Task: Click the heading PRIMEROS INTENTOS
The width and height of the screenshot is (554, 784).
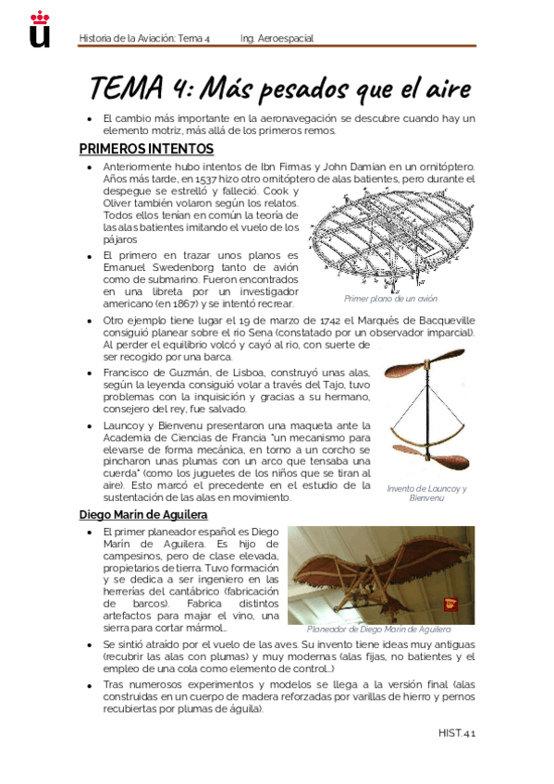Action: pos(146,149)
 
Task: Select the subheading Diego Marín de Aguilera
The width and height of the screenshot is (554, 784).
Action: pos(143,514)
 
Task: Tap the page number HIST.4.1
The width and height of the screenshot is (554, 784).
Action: pos(457,733)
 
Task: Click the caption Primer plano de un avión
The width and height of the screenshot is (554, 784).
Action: pos(390,299)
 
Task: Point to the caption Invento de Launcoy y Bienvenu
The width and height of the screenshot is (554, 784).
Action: pos(426,493)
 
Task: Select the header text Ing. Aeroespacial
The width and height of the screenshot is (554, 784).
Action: pos(277,39)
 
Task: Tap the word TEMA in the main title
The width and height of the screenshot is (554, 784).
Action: pos(127,90)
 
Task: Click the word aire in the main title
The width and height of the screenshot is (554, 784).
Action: pos(444,90)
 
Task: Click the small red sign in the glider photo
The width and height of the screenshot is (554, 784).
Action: pos(450,605)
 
